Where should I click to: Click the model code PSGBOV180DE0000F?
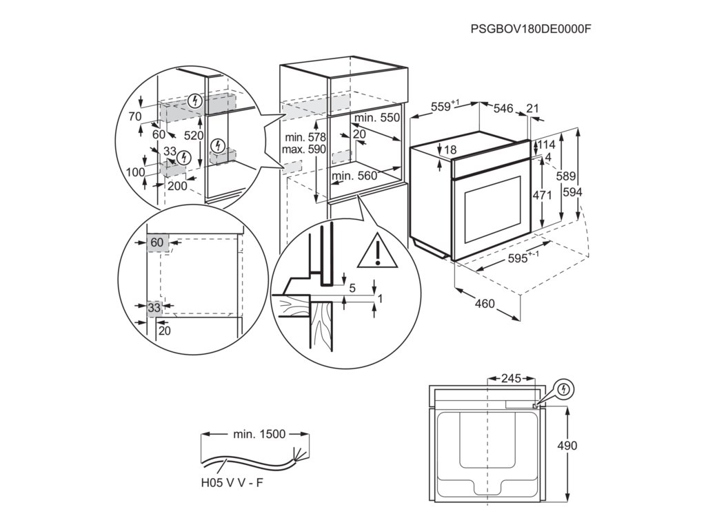click(531, 29)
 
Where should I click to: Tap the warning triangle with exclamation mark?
click(377, 252)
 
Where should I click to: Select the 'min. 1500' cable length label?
click(259, 434)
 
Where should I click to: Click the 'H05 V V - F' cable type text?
click(232, 483)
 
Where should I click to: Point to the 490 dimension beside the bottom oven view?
click(567, 446)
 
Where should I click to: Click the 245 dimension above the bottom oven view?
click(511, 378)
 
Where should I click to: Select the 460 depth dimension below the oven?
click(485, 303)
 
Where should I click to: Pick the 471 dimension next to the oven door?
click(543, 195)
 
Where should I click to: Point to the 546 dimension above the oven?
click(504, 108)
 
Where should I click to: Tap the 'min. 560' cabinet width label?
click(354, 176)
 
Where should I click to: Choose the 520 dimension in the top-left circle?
click(194, 136)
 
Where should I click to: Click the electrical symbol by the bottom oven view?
click(565, 389)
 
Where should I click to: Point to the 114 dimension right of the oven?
click(546, 145)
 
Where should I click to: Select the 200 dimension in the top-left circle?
click(177, 186)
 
